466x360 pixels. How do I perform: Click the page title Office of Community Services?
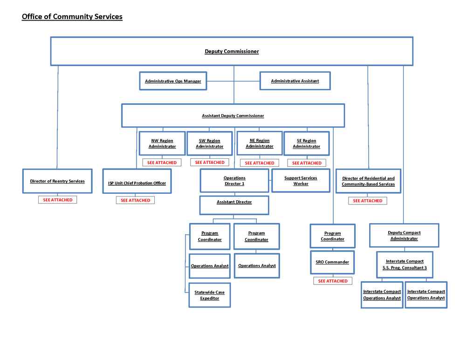tap(72, 17)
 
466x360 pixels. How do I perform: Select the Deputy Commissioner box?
tap(232, 51)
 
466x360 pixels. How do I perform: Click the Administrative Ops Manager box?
tap(173, 81)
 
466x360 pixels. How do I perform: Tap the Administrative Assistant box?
tap(295, 81)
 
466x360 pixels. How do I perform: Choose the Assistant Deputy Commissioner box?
tap(233, 115)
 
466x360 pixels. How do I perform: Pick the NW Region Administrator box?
tap(162, 143)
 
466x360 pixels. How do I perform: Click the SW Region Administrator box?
tap(210, 143)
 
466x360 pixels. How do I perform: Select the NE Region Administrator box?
tap(260, 143)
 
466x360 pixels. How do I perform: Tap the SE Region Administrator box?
tap(306, 143)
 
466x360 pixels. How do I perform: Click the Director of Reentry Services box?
tap(57, 181)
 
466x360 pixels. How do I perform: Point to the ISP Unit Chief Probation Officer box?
tap(137, 183)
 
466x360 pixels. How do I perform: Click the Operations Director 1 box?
tap(234, 181)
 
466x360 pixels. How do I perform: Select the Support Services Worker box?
tap(301, 181)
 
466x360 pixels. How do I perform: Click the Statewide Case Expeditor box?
tap(210, 295)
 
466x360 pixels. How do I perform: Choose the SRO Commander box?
tap(333, 262)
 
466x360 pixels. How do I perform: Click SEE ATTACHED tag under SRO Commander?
tap(333, 281)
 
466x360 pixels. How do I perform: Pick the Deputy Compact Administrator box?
tap(404, 236)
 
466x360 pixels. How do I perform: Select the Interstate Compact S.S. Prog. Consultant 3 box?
tap(405, 265)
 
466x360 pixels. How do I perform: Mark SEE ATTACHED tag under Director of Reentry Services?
tap(58, 200)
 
